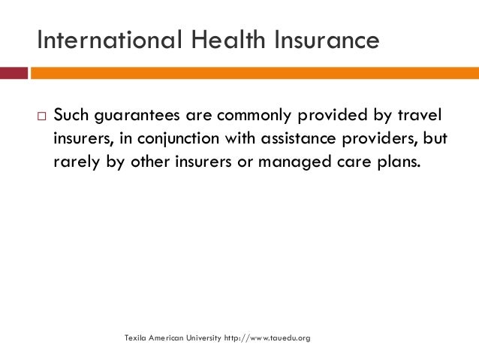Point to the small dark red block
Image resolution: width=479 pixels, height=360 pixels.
click(14, 73)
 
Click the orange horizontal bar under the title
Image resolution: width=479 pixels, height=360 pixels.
click(255, 73)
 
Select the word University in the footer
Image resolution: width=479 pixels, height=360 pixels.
click(203, 338)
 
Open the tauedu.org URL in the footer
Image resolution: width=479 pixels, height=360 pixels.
click(267, 338)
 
